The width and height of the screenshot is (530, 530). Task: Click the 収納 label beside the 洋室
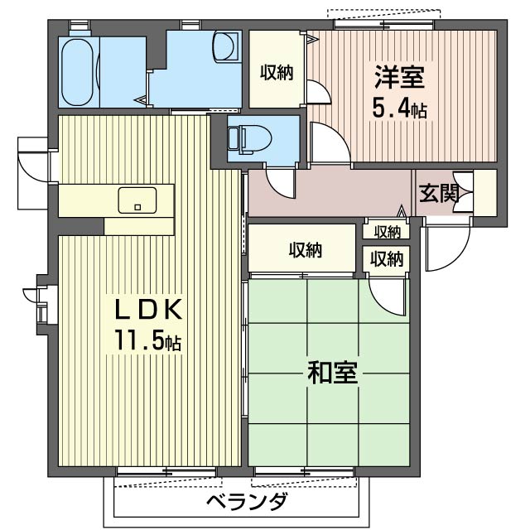(x=277, y=72)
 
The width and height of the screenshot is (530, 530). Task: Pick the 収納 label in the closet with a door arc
(x=386, y=258)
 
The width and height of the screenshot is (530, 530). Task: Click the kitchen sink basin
(x=137, y=200)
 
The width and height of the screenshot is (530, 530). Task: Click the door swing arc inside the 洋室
(x=319, y=92)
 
